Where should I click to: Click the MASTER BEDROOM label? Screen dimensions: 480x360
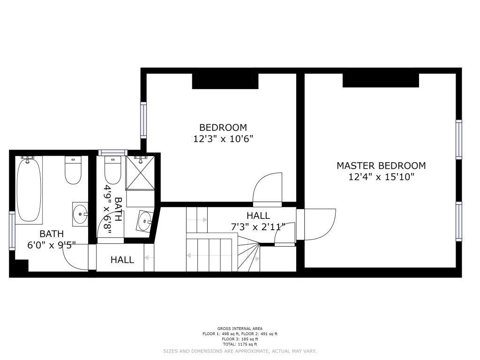(381, 165)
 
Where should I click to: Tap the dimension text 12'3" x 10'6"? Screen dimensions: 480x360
(223, 139)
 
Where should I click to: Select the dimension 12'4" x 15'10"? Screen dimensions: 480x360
(382, 177)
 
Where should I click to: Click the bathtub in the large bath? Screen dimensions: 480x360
(29, 189)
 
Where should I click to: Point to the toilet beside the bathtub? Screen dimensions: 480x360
(74, 170)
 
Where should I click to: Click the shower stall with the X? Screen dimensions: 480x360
(141, 172)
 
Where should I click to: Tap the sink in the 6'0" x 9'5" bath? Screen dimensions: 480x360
(80, 214)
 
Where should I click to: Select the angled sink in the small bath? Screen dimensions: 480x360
(144, 221)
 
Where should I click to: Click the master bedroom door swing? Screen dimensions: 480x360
(316, 224)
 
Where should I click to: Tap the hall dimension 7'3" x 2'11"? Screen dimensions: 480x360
(258, 227)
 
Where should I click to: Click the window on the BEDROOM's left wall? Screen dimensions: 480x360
(143, 120)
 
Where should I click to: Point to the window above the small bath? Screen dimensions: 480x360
(112, 152)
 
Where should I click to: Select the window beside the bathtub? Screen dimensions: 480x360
(12, 231)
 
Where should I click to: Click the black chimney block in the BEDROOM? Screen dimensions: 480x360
(225, 81)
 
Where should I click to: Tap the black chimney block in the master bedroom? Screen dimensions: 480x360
(381, 80)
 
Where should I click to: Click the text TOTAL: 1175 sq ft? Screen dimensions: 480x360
(240, 344)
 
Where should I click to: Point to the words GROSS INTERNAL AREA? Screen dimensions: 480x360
(240, 329)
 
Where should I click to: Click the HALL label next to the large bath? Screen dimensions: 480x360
(122, 260)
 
